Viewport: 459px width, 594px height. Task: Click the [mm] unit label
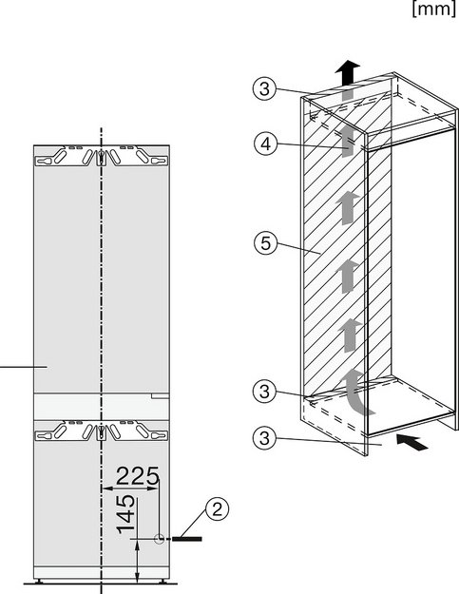434,9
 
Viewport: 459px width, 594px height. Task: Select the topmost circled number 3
265,89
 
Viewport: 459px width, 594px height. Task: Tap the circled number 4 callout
266,144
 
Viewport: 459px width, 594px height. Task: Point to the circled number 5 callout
266,243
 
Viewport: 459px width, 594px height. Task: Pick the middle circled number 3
265,391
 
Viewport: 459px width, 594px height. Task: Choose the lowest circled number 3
265,438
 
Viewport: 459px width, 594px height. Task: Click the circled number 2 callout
217,509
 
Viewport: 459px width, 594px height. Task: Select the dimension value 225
137,476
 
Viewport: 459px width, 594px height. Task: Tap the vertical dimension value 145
125,513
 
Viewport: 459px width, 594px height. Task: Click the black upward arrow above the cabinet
347,73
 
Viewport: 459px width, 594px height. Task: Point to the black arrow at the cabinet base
412,443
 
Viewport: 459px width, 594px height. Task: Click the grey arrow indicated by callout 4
345,142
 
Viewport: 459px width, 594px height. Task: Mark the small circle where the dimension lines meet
159,538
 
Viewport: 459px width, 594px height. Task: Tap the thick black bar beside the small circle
186,538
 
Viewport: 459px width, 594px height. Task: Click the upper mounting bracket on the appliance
102,156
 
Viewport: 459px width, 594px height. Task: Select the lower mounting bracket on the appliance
102,431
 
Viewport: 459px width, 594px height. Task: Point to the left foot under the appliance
38,581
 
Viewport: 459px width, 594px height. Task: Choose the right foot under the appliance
163,581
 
